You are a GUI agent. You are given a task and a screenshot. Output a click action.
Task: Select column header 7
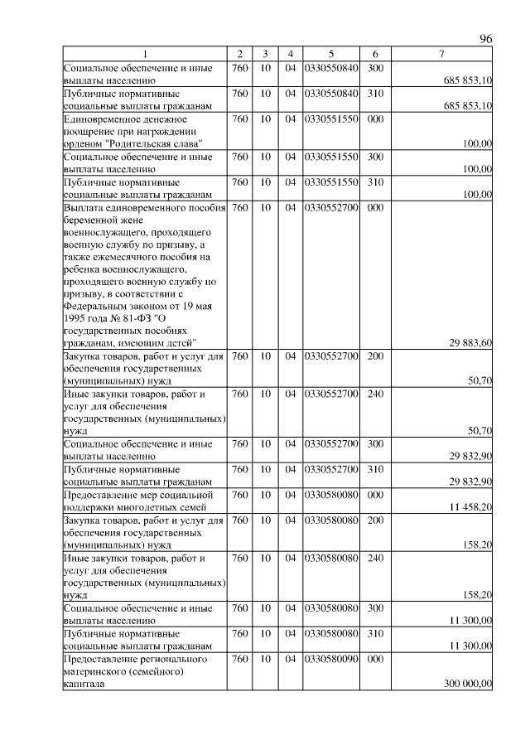441,55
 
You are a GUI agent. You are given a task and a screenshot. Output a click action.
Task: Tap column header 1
144,55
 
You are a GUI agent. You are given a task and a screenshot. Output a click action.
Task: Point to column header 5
330,55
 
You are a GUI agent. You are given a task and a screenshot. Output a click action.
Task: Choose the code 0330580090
330,660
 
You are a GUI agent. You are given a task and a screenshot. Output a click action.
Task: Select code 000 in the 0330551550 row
374,119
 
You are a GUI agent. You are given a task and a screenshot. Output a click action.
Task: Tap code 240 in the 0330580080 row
374,559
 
